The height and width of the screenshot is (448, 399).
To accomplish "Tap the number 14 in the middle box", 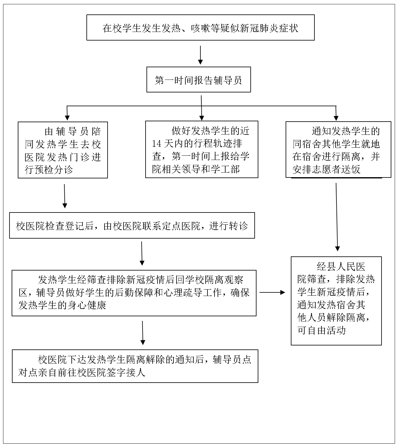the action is tap(157, 144).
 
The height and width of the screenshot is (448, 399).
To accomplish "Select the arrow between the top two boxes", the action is tap(200, 55).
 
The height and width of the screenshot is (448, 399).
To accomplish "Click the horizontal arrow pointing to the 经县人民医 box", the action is tap(272, 292).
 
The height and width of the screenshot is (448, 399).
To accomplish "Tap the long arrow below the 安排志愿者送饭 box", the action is tap(337, 217).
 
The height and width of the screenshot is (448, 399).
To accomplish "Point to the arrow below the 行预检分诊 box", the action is tap(65, 196).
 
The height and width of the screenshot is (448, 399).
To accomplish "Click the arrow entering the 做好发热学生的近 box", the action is tap(201, 108).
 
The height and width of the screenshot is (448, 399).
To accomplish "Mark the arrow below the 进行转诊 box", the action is tap(142, 253).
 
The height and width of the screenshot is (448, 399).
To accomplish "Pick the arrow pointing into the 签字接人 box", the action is tap(143, 333).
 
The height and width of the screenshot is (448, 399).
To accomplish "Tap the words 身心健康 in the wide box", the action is tap(87, 305).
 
